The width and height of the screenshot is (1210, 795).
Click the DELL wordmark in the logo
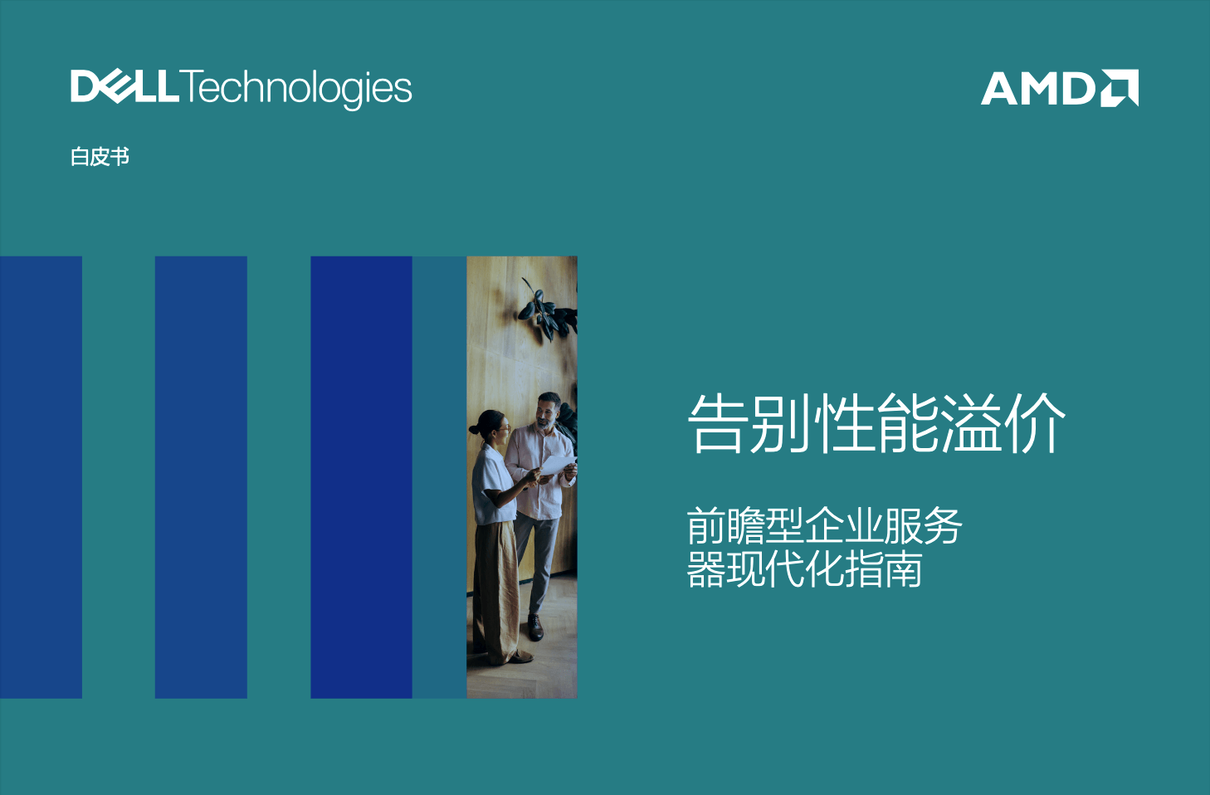124,86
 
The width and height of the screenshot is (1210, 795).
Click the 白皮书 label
100,157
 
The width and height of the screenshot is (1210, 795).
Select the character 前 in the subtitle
706,525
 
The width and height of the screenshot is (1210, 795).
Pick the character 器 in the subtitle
706,568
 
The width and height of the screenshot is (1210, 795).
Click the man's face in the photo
547,412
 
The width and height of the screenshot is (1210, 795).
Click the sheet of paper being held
558,464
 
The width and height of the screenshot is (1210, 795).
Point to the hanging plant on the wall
546,310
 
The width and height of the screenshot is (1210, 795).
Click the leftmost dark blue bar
41,477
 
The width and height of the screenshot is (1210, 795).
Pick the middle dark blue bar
201,477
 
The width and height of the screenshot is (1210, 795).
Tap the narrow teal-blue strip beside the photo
439,477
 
